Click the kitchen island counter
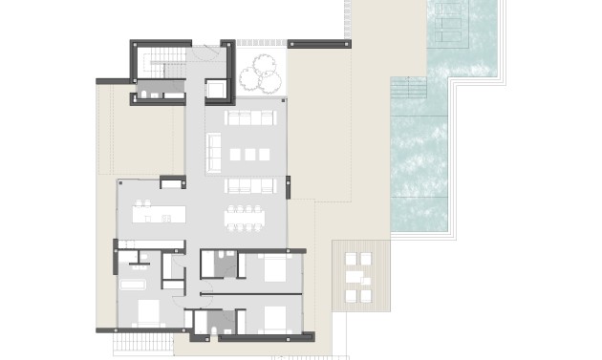[158, 217]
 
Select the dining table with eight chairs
[246, 218]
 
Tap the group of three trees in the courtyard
[261, 71]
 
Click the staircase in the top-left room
[158, 63]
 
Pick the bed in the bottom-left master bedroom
[148, 311]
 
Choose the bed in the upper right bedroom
[273, 268]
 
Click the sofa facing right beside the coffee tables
[213, 152]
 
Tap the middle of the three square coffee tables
[250, 154]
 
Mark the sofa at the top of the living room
[249, 118]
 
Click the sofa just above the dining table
[249, 185]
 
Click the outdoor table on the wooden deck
[355, 277]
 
